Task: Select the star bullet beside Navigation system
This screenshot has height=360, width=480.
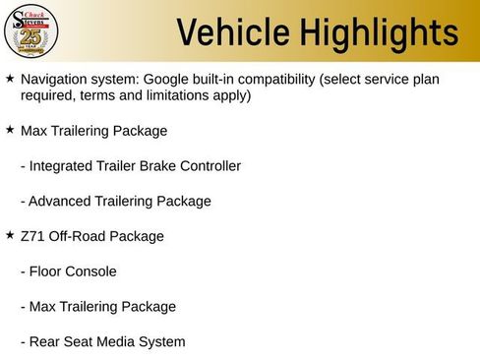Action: click(10, 77)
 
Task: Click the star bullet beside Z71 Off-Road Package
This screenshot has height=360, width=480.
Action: click(10, 236)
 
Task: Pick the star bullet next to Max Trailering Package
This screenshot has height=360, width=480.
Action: click(10, 130)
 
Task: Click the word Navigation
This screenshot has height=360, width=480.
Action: click(57, 78)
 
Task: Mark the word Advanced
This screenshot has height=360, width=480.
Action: click(61, 202)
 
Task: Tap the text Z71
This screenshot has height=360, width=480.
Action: click(32, 236)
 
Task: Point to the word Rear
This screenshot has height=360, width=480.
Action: click(45, 342)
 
